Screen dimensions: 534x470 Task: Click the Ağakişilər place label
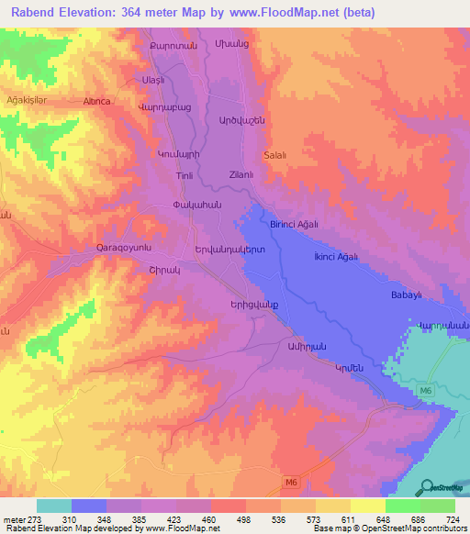click(x=26, y=99)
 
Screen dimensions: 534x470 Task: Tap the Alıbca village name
click(x=97, y=102)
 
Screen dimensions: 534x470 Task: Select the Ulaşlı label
click(x=151, y=80)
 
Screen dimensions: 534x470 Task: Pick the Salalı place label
click(x=275, y=155)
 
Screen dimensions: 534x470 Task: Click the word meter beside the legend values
click(x=13, y=518)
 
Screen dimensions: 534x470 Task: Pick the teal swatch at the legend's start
click(x=54, y=506)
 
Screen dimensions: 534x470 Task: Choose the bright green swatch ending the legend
click(x=437, y=506)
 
